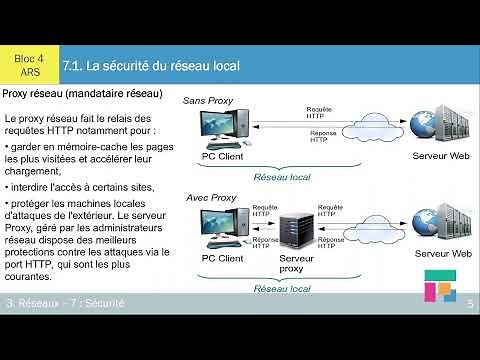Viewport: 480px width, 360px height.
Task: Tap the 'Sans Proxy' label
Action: point(207,100)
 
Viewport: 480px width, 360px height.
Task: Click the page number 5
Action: point(469,330)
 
